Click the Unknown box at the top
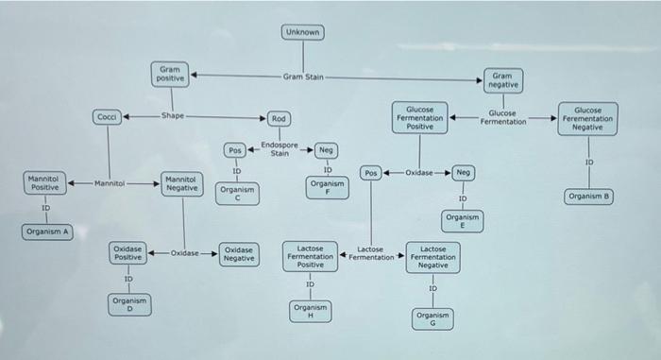pos(303,32)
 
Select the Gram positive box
pos(170,75)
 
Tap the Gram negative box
pos(503,80)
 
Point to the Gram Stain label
pos(303,77)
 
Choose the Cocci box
pos(107,117)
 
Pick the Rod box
pos(279,119)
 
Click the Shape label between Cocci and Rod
pos(173,115)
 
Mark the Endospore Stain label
pos(280,149)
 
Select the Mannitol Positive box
pos(44,182)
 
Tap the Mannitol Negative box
pos(182,183)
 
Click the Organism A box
pos(47,231)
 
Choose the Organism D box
pos(129,304)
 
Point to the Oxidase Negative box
pos(239,254)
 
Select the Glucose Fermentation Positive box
pos(420,118)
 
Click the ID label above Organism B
pos(589,163)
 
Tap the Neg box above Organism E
pos(464,172)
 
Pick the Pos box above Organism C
pos(235,150)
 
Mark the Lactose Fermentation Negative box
pos(432,257)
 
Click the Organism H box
pos(311,312)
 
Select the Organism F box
pos(327,188)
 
